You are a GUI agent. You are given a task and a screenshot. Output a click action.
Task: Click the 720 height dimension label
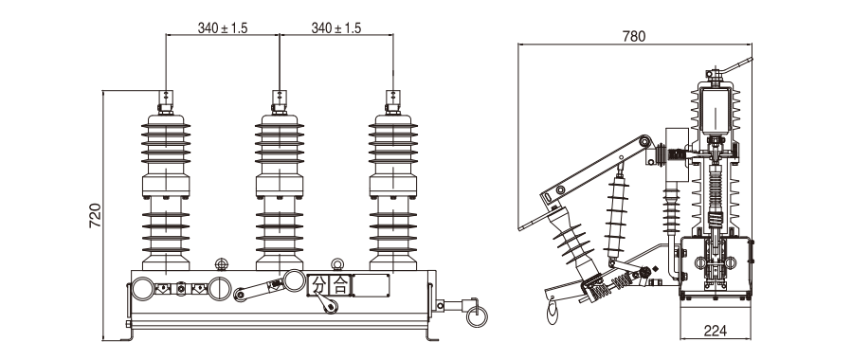95,216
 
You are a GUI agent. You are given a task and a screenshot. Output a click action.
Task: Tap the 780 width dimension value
634,36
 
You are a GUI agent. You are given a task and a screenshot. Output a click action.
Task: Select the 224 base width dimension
716,330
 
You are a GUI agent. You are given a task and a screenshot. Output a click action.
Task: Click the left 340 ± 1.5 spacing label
222,28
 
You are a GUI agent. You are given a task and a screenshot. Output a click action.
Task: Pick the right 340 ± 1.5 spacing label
335,28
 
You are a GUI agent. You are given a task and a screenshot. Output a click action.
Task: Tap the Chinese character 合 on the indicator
340,285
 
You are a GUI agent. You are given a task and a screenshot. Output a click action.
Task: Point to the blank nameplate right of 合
372,285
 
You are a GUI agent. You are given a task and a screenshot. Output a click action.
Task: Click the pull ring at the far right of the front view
477,316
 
